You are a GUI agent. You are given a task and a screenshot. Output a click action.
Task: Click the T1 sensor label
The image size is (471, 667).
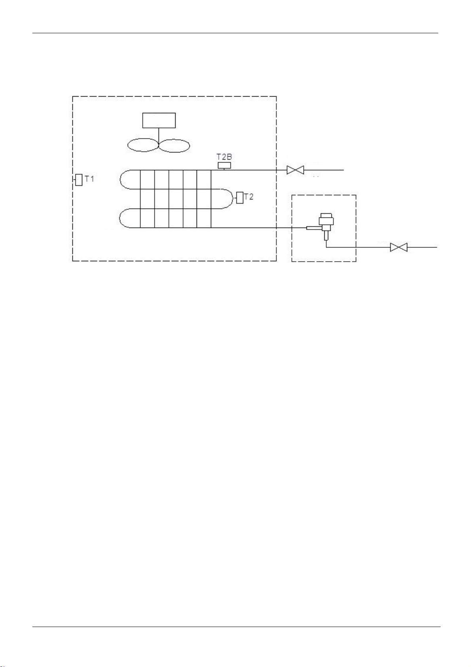(x=89, y=179)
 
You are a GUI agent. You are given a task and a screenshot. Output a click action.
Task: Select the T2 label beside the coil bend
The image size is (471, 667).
(x=249, y=197)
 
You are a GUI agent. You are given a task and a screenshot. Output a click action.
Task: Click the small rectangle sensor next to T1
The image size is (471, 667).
(x=79, y=180)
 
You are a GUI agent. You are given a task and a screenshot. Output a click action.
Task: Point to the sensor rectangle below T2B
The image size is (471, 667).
(x=224, y=165)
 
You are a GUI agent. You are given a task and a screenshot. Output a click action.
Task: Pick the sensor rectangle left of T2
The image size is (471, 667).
(x=240, y=198)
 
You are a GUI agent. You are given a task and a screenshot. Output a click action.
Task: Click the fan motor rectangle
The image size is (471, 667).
(x=159, y=120)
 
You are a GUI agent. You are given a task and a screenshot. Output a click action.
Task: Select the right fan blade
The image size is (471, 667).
(x=174, y=145)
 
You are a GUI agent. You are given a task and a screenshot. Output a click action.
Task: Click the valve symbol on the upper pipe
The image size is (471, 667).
(x=295, y=170)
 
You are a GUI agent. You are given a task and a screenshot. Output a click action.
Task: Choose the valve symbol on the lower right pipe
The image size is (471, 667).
(x=398, y=247)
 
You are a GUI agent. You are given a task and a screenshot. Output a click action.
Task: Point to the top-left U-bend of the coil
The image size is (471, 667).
(x=127, y=180)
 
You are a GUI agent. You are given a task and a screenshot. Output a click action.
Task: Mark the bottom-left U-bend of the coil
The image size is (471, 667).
(x=127, y=218)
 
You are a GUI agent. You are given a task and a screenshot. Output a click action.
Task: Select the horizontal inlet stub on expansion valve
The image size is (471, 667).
(x=313, y=228)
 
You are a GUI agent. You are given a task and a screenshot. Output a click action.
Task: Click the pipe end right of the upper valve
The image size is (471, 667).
(x=343, y=170)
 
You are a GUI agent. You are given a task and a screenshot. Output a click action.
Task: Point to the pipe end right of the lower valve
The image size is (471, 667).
(x=436, y=247)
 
